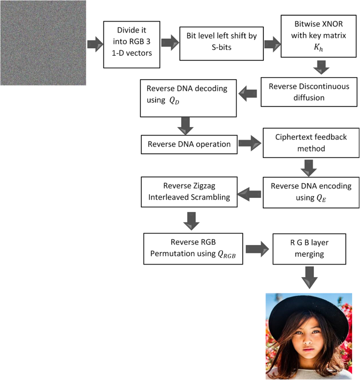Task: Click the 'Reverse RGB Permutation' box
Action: [x=193, y=248]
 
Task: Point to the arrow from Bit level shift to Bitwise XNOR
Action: [x=272, y=43]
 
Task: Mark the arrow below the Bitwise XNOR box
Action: [x=322, y=67]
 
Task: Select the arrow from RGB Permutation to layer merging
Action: [x=256, y=249]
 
